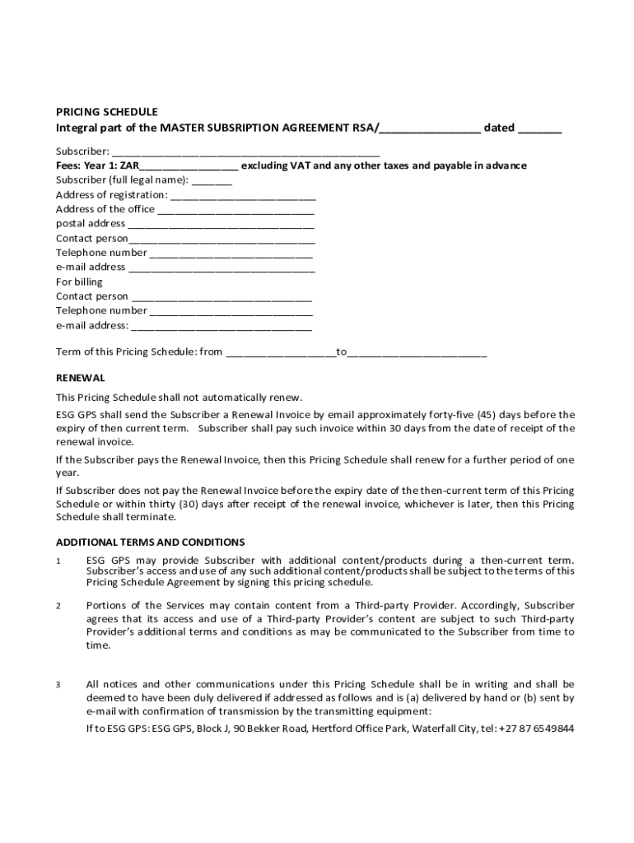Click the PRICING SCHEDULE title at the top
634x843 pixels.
[106, 112]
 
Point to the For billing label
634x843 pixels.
[79, 282]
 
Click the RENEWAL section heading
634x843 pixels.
[80, 378]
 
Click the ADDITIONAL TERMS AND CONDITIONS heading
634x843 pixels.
[150, 543]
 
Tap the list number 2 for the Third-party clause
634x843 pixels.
[58, 607]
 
